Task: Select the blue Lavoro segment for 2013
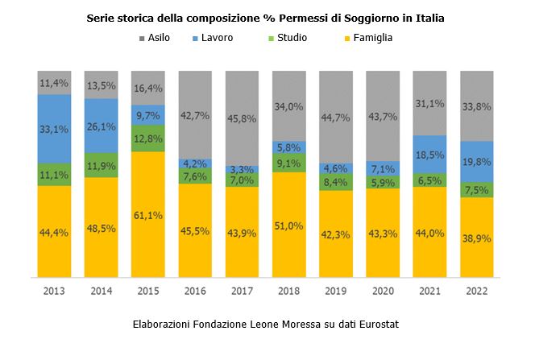pyautogui.click(x=54, y=129)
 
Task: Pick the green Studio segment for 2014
pyautogui.click(x=101, y=164)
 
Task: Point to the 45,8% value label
pyautogui.click(x=242, y=118)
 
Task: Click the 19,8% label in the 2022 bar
pyautogui.click(x=476, y=161)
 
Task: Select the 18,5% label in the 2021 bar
pyautogui.click(x=429, y=154)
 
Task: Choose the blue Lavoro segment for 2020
pyautogui.click(x=382, y=169)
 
